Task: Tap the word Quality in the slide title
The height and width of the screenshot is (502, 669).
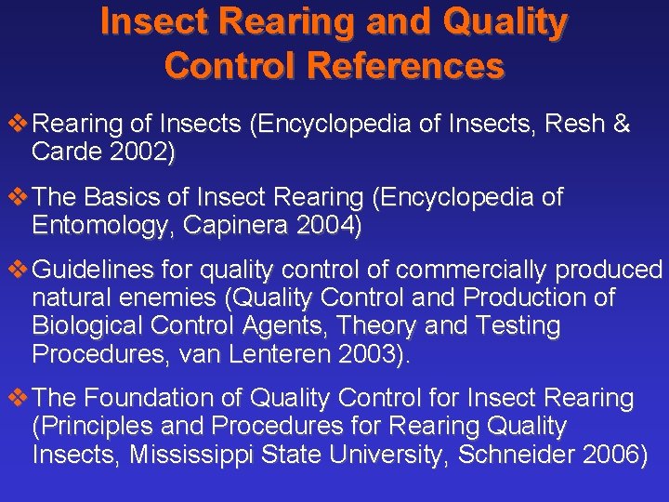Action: (x=501, y=21)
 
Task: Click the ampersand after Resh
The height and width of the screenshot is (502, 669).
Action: (x=622, y=125)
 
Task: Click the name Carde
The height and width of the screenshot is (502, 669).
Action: (x=62, y=153)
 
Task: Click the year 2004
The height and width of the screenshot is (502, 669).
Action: (x=326, y=226)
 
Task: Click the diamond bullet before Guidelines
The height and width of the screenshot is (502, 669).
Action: (x=15, y=270)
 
